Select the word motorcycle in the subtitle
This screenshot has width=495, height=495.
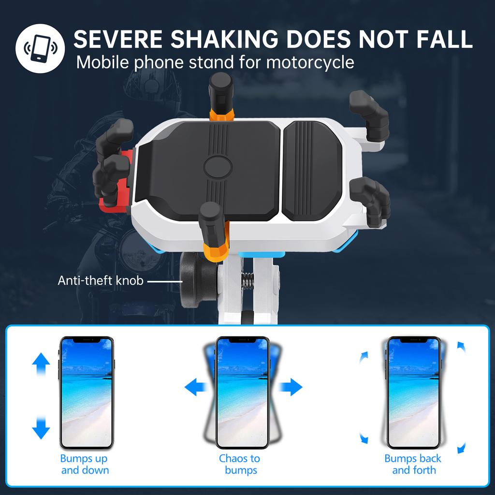click(x=310, y=62)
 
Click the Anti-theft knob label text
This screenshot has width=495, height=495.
click(x=101, y=280)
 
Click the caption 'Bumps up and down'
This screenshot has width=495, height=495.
click(x=85, y=464)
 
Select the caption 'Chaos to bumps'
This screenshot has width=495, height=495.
click(x=240, y=464)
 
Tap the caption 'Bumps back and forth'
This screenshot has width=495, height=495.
click(x=413, y=464)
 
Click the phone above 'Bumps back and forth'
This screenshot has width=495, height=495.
click(x=413, y=392)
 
